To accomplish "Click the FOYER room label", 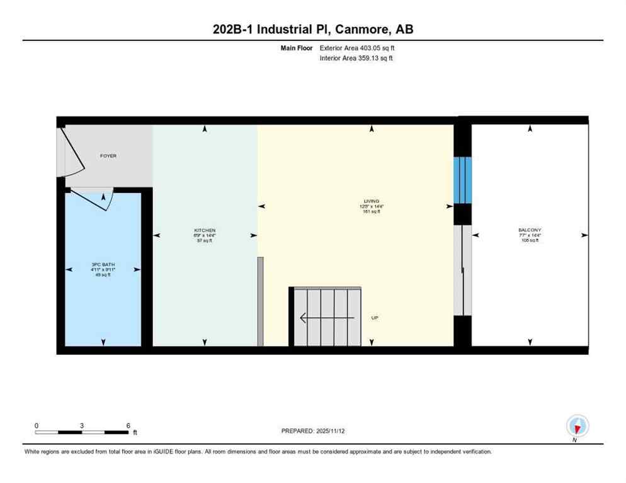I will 108,156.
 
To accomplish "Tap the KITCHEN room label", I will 205,231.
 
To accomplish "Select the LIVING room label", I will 372,201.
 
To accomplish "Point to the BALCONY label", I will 530,230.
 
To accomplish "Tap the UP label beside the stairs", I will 375,318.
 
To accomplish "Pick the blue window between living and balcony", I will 463,180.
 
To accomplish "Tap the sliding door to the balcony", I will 462,270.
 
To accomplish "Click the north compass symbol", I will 577,426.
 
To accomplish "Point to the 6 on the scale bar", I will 128,426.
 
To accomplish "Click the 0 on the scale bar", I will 37,426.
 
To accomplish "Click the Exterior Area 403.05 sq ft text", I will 357,48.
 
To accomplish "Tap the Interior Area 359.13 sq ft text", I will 356,58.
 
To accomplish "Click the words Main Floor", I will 296,48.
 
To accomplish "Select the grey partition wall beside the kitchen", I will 261,301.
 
